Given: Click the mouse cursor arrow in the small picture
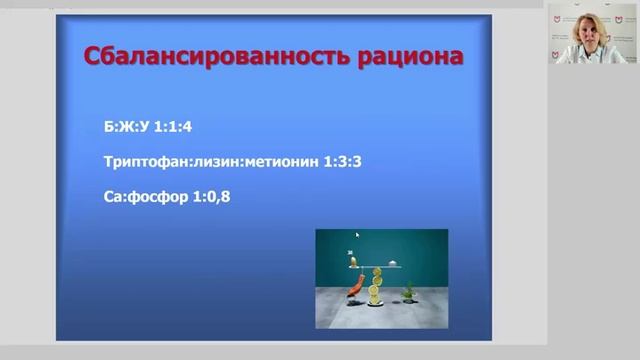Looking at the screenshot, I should [x=357, y=237].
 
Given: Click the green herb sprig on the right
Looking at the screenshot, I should [x=408, y=291].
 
